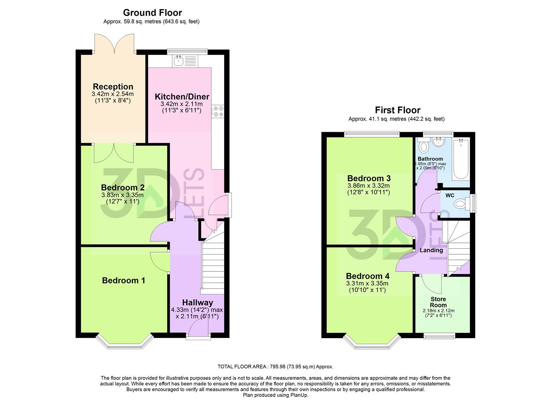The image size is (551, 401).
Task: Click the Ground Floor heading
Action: (x=152, y=13)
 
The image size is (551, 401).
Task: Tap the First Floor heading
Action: (x=397, y=110)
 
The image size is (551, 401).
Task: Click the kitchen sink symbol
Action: (x=179, y=61)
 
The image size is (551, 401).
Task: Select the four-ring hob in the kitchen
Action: (x=217, y=111)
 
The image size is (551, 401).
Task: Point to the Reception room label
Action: (x=113, y=87)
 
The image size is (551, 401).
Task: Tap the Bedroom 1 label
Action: (x=124, y=280)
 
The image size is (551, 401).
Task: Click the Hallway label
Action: (x=197, y=303)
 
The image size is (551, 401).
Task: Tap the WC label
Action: (x=450, y=195)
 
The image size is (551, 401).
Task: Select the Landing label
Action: (x=431, y=250)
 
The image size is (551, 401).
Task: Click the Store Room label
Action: (x=438, y=302)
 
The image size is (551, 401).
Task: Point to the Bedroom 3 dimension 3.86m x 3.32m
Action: (x=368, y=186)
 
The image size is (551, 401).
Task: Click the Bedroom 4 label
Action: (x=367, y=276)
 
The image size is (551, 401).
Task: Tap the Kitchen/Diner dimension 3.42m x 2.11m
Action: (x=182, y=104)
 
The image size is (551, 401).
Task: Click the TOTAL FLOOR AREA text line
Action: (x=275, y=366)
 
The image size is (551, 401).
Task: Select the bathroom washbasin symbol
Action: (x=439, y=142)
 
